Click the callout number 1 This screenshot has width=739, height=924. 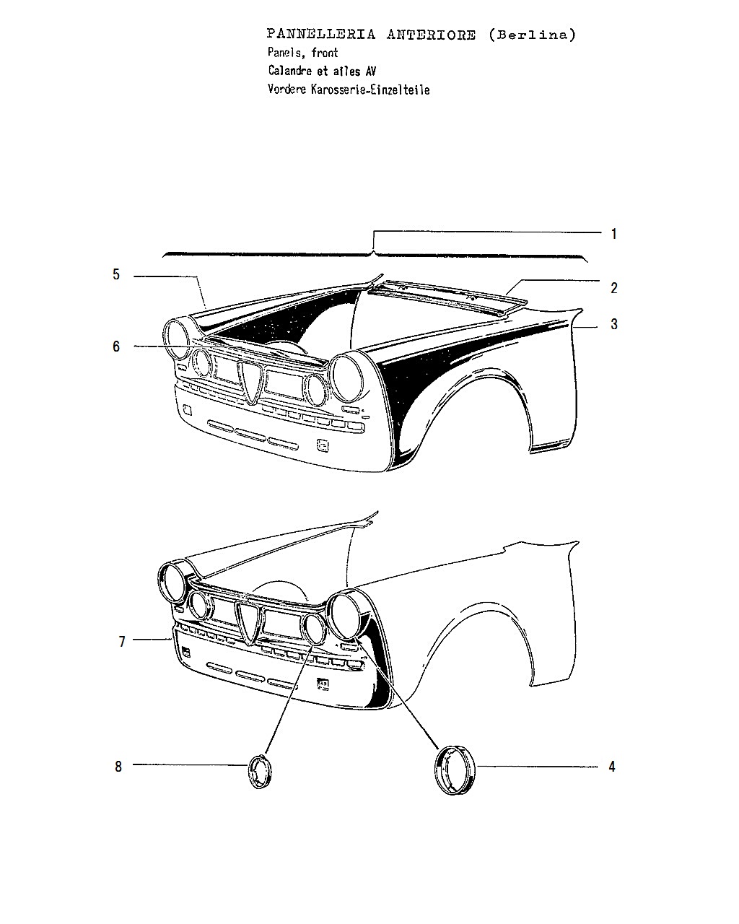pyautogui.click(x=614, y=234)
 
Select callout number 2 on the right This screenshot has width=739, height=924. pyautogui.click(x=614, y=288)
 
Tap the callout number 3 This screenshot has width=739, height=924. pyautogui.click(x=614, y=324)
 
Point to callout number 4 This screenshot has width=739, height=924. pyautogui.click(x=612, y=767)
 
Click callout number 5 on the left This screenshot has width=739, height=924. pyautogui.click(x=116, y=274)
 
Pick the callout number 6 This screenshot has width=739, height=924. pyautogui.click(x=116, y=346)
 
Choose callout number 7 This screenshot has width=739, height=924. pyautogui.click(x=122, y=642)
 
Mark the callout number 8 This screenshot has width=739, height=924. pyautogui.click(x=118, y=767)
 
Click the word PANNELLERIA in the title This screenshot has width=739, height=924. pyautogui.click(x=320, y=34)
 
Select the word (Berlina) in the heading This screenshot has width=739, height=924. pyautogui.click(x=532, y=35)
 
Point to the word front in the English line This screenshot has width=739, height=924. pyautogui.click(x=325, y=53)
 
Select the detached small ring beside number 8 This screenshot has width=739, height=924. pyautogui.click(x=260, y=771)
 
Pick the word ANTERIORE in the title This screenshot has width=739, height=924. pyautogui.click(x=431, y=35)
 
